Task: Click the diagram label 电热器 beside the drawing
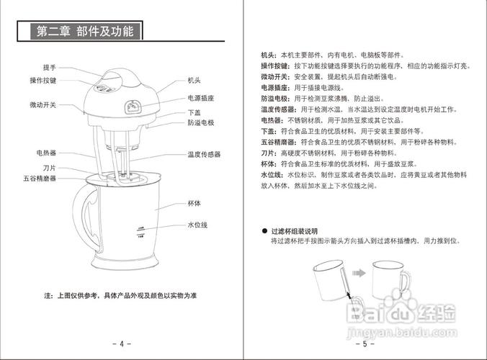[x=47, y=153]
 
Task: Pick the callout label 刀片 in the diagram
[x=49, y=167]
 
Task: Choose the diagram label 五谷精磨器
[x=40, y=178]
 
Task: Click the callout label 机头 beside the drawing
[x=193, y=81]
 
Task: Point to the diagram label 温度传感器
[x=203, y=154]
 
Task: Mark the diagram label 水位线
[x=197, y=225]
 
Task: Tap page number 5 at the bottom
[x=365, y=343]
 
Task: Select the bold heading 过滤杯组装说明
[x=293, y=231]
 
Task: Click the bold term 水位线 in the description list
[x=271, y=175]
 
